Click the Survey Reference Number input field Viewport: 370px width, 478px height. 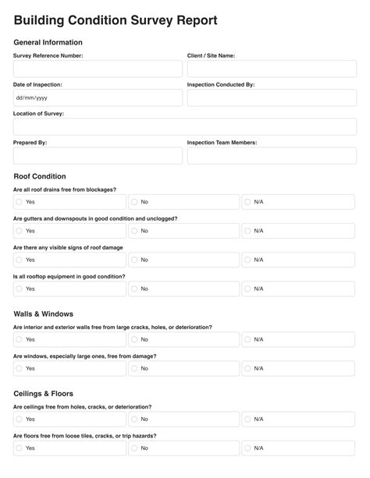[98, 69]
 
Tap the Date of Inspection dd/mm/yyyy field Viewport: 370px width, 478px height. [98, 97]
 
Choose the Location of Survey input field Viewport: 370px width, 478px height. [185, 126]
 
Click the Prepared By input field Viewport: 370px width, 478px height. [98, 155]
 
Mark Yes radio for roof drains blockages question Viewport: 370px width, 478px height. [19, 202]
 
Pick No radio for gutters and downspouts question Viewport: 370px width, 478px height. [133, 231]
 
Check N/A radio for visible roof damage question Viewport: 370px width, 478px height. [247, 260]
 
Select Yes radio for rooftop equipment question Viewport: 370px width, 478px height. [19, 289]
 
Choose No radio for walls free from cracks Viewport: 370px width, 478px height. [133, 340]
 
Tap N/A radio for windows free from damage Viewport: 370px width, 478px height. [247, 368]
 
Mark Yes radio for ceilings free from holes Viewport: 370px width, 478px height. [19, 420]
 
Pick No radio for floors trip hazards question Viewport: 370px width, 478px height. [133, 448]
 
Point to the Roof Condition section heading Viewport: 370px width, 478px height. [40, 176]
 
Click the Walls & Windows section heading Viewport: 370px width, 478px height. [44, 313]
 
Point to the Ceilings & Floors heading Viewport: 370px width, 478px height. [44, 394]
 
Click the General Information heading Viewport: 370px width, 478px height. [48, 42]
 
